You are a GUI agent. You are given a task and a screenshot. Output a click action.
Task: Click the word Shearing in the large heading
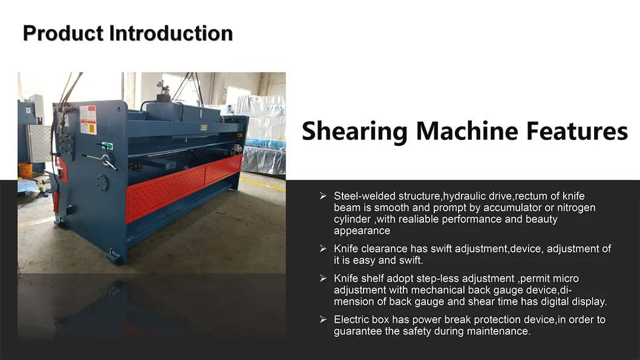pos(365,131)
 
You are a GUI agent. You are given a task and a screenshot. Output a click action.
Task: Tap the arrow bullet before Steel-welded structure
pos(323,195)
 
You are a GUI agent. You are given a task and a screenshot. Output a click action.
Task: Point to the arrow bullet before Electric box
pos(323,319)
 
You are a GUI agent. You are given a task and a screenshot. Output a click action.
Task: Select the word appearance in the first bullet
pos(362,231)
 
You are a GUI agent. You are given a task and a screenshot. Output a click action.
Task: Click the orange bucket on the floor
pos(25,170)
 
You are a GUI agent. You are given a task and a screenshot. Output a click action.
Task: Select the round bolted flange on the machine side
pos(100,182)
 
